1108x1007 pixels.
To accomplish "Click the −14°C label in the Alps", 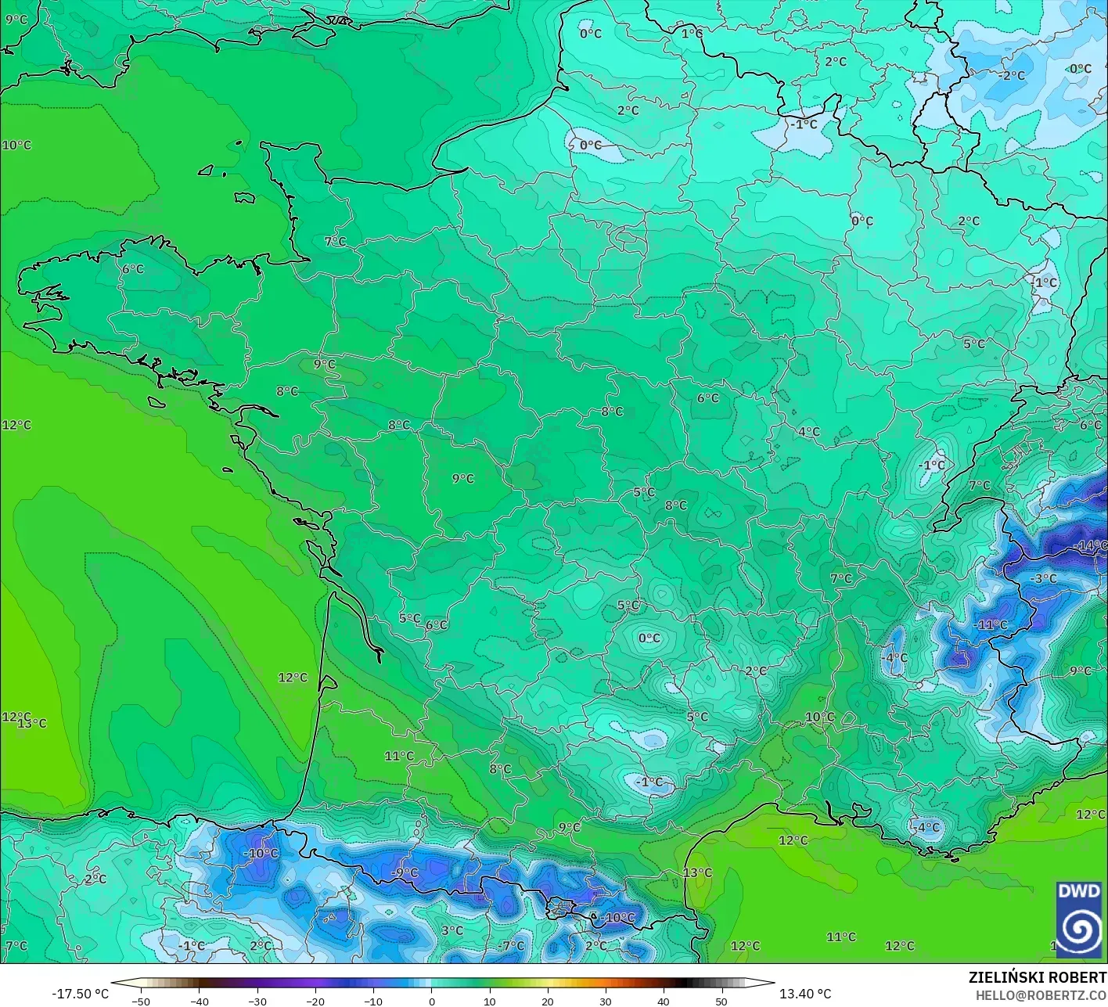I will click(x=1091, y=545).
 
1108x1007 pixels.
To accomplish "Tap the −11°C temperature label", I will click(x=991, y=625).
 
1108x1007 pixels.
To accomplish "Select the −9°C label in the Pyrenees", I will click(x=405, y=872).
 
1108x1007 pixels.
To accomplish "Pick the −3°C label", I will click(x=1045, y=579).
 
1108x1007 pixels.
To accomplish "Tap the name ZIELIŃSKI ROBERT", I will click(x=1037, y=977).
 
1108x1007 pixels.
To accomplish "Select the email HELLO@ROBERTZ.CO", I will click(x=1041, y=994).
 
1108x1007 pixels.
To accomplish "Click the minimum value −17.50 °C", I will click(x=80, y=994).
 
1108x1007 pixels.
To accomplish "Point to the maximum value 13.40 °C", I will click(x=805, y=994).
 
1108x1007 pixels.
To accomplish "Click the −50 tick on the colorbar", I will click(x=141, y=1002).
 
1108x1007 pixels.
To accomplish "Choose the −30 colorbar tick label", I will click(x=257, y=1002).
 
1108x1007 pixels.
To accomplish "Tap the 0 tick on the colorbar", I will click(x=431, y=1002).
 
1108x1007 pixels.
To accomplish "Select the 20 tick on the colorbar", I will click(x=548, y=1002).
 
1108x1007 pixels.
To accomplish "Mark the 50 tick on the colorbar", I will click(x=721, y=1002).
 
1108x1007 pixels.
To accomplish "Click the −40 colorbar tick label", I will click(x=199, y=1002).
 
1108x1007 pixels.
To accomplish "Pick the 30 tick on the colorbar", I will click(x=606, y=1002).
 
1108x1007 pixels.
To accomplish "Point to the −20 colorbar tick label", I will click(x=315, y=1002).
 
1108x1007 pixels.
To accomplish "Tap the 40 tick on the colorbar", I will click(x=664, y=1002).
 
